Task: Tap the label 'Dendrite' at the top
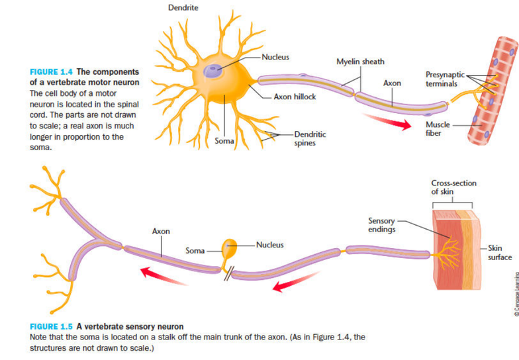click(183, 8)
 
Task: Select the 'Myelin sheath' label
click(360, 62)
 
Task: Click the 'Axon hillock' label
click(295, 97)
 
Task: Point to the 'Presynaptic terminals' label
click(445, 79)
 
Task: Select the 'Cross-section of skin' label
click(453, 187)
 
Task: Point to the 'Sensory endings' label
click(381, 225)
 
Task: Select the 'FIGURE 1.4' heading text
click(52, 71)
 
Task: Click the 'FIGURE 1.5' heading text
click(52, 326)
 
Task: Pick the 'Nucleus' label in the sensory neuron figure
click(269, 245)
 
